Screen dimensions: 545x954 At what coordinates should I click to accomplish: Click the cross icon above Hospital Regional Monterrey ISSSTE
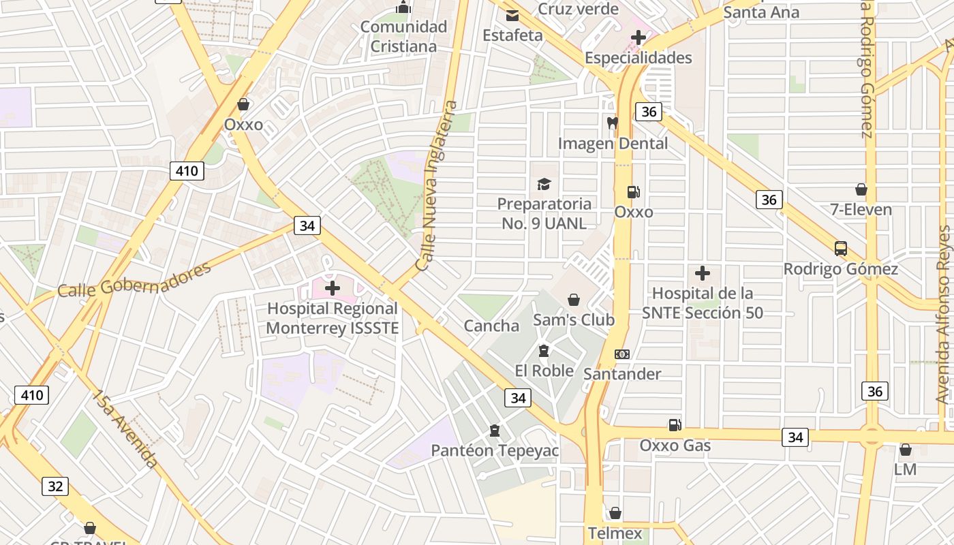point(333,288)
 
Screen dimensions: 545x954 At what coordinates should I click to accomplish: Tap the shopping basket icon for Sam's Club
point(574,300)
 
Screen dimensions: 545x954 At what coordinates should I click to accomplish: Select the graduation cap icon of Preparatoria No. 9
point(543,184)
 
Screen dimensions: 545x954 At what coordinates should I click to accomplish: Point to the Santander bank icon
point(622,354)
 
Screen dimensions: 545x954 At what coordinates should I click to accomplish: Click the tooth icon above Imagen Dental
point(612,123)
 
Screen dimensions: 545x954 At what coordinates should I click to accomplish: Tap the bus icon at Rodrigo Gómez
point(841,249)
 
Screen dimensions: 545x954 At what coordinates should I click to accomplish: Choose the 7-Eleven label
point(861,209)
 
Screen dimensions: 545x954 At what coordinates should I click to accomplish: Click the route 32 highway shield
point(55,486)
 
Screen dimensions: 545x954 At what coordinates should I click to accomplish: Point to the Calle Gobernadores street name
point(134,280)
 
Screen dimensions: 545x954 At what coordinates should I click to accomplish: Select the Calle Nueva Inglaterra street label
point(436,185)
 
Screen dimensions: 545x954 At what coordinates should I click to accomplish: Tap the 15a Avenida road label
point(126,429)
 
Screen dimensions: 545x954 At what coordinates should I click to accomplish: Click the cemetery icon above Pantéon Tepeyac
point(494,431)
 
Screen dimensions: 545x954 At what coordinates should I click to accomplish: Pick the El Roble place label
point(544,371)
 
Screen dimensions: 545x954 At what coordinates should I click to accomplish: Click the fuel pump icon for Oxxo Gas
point(675,425)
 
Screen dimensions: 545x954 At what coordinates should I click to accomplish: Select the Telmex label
point(615,533)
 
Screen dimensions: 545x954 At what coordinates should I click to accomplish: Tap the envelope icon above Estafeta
point(512,16)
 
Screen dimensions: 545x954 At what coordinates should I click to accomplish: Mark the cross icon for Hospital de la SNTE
point(703,274)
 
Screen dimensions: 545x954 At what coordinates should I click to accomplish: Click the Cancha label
point(491,326)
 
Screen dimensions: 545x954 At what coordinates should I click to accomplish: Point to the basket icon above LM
point(905,450)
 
